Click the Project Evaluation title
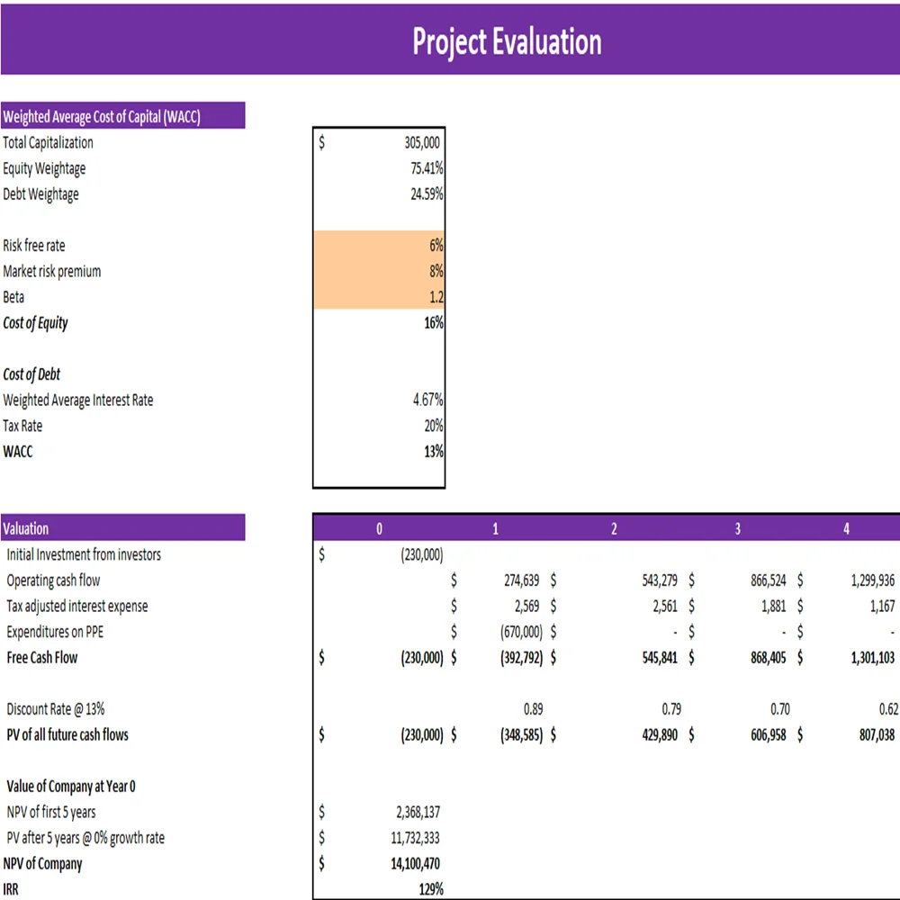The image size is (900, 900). tap(507, 41)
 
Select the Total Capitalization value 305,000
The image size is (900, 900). tap(422, 142)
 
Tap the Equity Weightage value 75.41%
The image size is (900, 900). tap(427, 168)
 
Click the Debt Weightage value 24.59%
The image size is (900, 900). tap(427, 193)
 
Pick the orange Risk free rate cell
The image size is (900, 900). tap(379, 245)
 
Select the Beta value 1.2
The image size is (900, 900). tap(436, 297)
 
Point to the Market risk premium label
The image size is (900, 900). tap(52, 271)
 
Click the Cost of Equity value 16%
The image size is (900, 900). tap(434, 322)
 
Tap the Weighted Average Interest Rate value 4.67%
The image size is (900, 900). tap(427, 400)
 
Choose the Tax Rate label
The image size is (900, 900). tap(22, 426)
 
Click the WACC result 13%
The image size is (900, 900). tap(434, 452)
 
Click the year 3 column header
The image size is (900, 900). tap(737, 529)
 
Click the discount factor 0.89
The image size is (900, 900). tap(533, 709)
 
